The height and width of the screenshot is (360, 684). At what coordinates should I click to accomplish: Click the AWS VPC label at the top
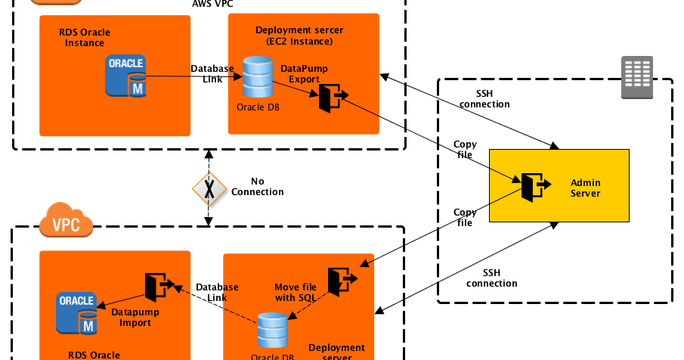click(212, 4)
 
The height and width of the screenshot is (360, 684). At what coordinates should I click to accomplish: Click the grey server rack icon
click(636, 77)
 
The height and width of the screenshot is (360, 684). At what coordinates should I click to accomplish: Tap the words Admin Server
click(585, 188)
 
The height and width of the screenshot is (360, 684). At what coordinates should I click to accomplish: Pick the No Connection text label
click(258, 187)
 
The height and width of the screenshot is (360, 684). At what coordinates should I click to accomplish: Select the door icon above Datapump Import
click(159, 287)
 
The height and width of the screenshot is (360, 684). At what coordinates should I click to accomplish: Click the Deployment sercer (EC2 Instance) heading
click(299, 35)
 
